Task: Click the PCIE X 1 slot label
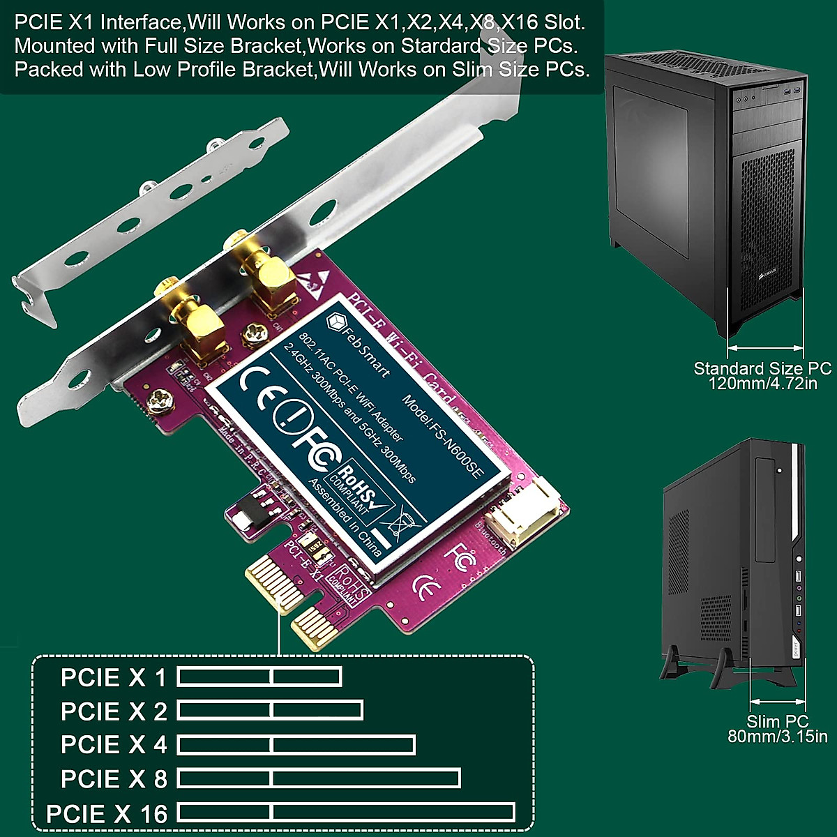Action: tap(114, 677)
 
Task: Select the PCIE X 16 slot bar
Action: tap(346, 813)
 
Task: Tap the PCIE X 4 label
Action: tap(114, 745)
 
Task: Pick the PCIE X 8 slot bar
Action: tap(319, 778)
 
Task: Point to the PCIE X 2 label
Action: tap(114, 711)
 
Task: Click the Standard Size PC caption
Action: tap(762, 375)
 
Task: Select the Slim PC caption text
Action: tap(777, 729)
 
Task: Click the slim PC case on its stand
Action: tap(732, 558)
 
